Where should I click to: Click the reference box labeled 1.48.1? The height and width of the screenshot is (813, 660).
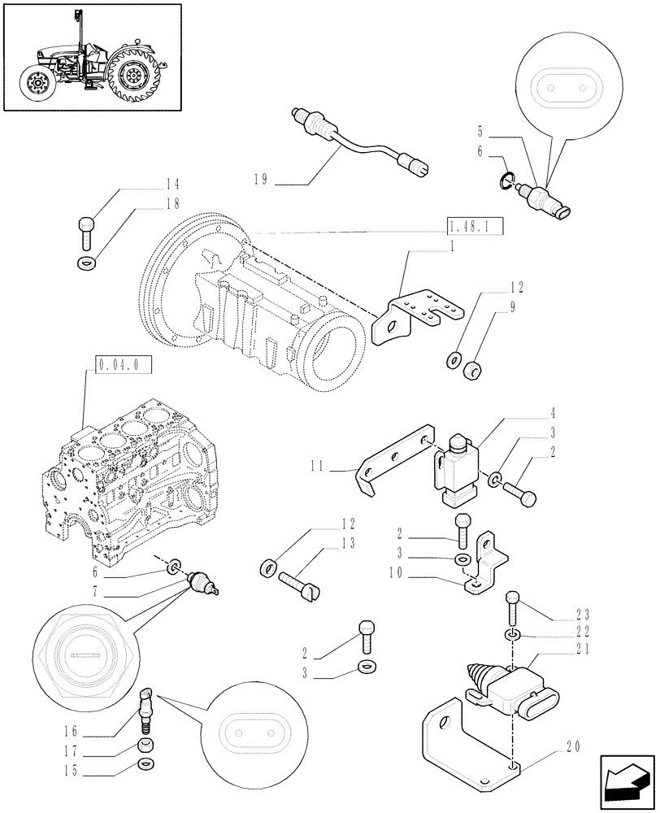pyautogui.click(x=475, y=226)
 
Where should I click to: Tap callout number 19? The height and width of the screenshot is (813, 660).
pyautogui.click(x=259, y=180)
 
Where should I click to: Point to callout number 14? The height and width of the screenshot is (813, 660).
pyautogui.click(x=172, y=185)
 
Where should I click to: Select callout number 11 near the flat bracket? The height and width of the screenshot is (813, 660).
pyautogui.click(x=318, y=466)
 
